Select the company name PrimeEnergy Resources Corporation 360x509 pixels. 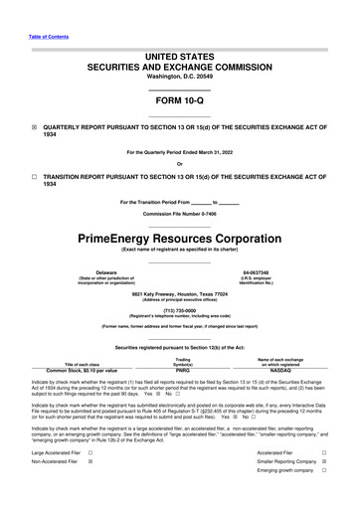179,240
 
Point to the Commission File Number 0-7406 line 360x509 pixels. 179,214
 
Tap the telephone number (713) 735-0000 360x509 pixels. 179,310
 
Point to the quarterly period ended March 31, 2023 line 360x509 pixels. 179,152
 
